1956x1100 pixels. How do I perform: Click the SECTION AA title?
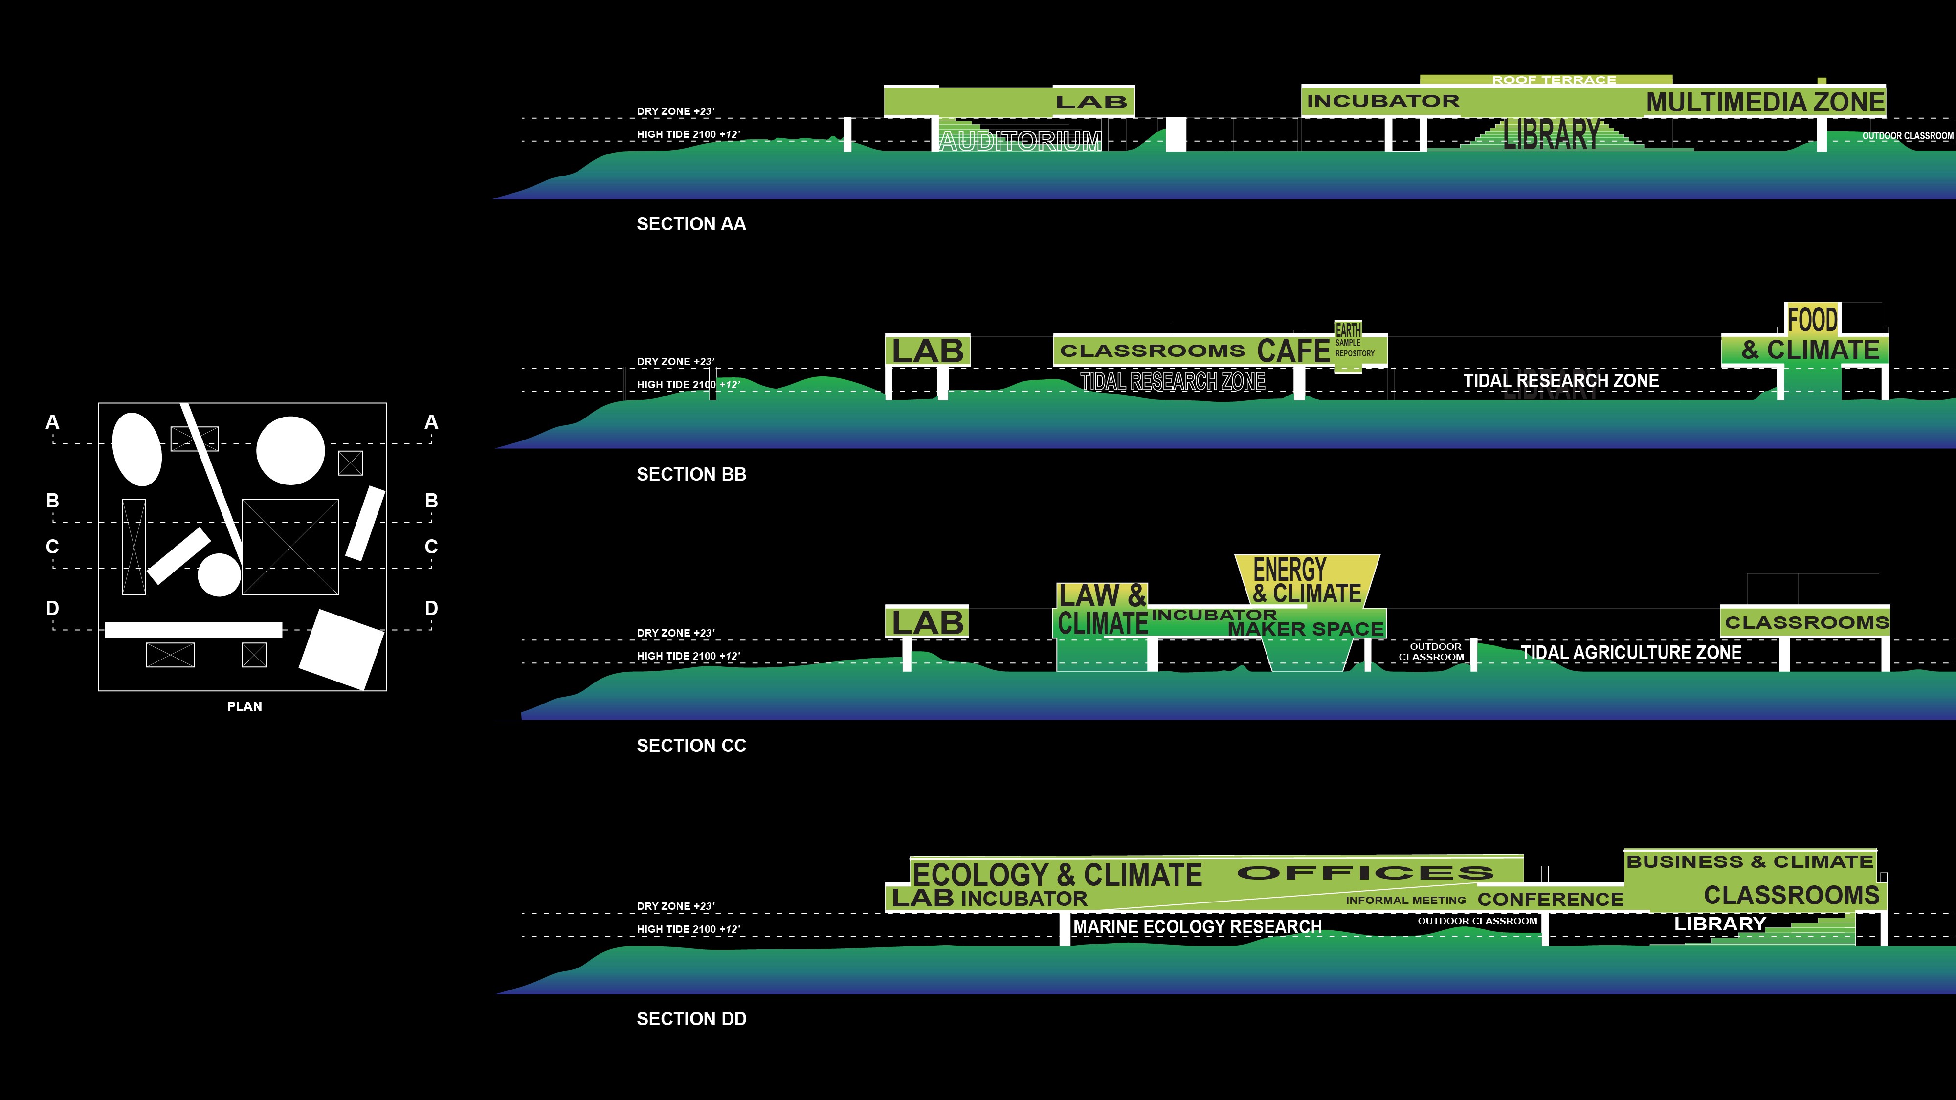click(691, 224)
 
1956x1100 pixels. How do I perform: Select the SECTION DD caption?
click(691, 1019)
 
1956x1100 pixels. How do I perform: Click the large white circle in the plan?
click(290, 450)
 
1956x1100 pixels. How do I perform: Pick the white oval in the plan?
click(137, 449)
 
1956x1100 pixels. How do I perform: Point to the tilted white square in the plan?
click(342, 650)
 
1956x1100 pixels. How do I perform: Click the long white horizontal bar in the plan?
click(194, 629)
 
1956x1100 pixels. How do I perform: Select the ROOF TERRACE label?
click(1554, 80)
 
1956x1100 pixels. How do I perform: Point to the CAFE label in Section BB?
click(1292, 351)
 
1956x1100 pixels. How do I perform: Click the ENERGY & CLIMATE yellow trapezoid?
click(1306, 581)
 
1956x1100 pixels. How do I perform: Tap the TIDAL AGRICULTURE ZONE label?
click(1631, 652)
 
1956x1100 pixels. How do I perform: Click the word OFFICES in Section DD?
click(1364, 873)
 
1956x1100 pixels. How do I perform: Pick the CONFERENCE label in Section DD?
click(1550, 900)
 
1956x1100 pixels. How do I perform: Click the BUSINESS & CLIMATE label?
click(1750, 861)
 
